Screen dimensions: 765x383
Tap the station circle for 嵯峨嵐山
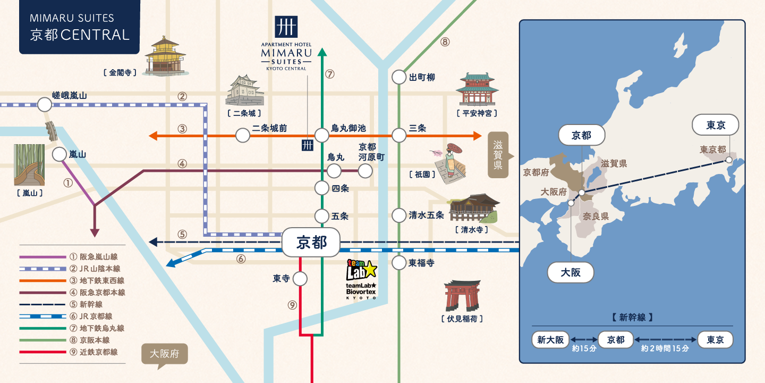[x=45, y=105]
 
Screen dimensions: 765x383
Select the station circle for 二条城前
[x=242, y=136]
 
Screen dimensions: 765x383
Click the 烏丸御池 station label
[x=348, y=128]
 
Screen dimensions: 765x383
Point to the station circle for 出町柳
[x=398, y=77]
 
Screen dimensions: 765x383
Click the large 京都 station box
[x=311, y=242]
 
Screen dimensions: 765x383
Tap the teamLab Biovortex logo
[x=361, y=279]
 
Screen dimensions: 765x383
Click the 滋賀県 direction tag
[x=499, y=155]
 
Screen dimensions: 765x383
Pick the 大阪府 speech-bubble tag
[x=165, y=355]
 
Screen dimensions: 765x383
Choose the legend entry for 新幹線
[x=72, y=304]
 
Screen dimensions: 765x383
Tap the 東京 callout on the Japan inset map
[x=715, y=125]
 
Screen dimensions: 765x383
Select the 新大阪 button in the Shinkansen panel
[x=550, y=339]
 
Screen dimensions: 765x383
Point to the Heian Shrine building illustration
[x=477, y=89]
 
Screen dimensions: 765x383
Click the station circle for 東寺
[x=300, y=279]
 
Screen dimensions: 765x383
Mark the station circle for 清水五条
[x=398, y=215]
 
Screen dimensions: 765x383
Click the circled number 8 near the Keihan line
[x=445, y=41]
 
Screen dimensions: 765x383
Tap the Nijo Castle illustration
[x=244, y=90]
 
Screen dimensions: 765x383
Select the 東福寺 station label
[x=421, y=263]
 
